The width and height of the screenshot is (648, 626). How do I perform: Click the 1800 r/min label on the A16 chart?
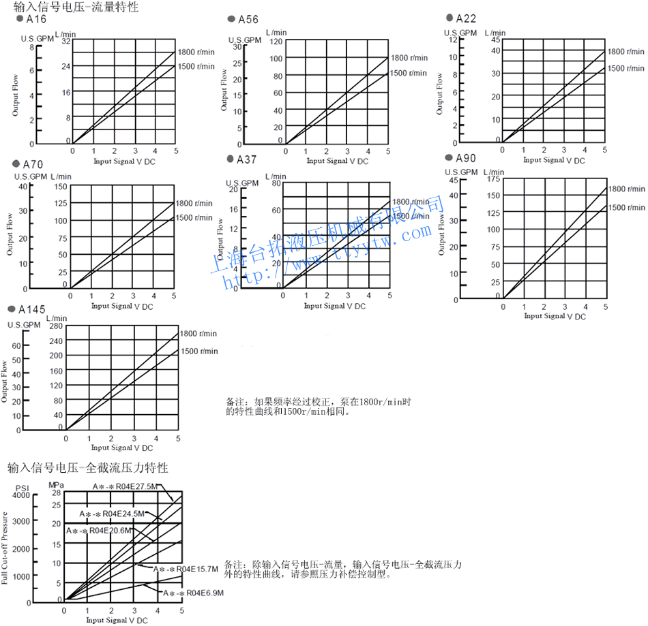tap(196, 52)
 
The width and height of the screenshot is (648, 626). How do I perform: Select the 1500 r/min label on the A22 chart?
tap(625, 68)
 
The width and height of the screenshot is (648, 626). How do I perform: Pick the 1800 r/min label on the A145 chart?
tap(198, 333)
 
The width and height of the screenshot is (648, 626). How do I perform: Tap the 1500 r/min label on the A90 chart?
tap(626, 208)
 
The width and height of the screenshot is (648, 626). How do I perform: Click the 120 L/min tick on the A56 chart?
tap(276, 42)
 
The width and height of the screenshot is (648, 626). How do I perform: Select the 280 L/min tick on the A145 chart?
tap(55, 326)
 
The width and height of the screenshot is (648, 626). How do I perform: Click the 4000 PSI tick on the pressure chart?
tap(21, 495)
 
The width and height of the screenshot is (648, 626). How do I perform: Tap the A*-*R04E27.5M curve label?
tap(126, 486)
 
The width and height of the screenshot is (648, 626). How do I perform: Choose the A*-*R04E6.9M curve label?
tap(193, 593)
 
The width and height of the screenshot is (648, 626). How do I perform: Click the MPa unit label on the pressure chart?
tap(56, 485)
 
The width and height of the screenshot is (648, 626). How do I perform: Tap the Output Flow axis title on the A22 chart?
tap(439, 93)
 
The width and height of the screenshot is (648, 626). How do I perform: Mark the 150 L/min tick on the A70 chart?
tap(60, 187)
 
